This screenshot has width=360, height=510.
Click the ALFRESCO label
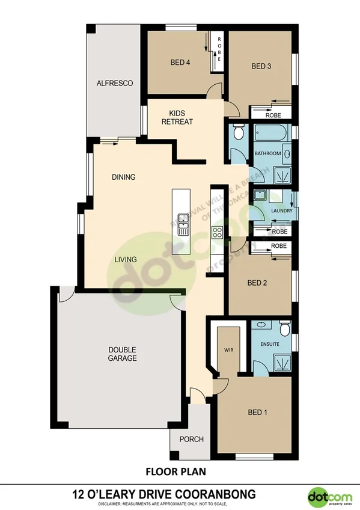click(x=114, y=83)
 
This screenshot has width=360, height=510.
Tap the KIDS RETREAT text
click(x=177, y=117)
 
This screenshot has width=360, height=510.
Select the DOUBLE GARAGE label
click(x=122, y=354)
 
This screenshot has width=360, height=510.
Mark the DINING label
click(x=123, y=177)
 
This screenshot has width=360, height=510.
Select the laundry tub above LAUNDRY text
click(x=260, y=195)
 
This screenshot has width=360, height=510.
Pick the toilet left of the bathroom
click(x=237, y=131)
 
